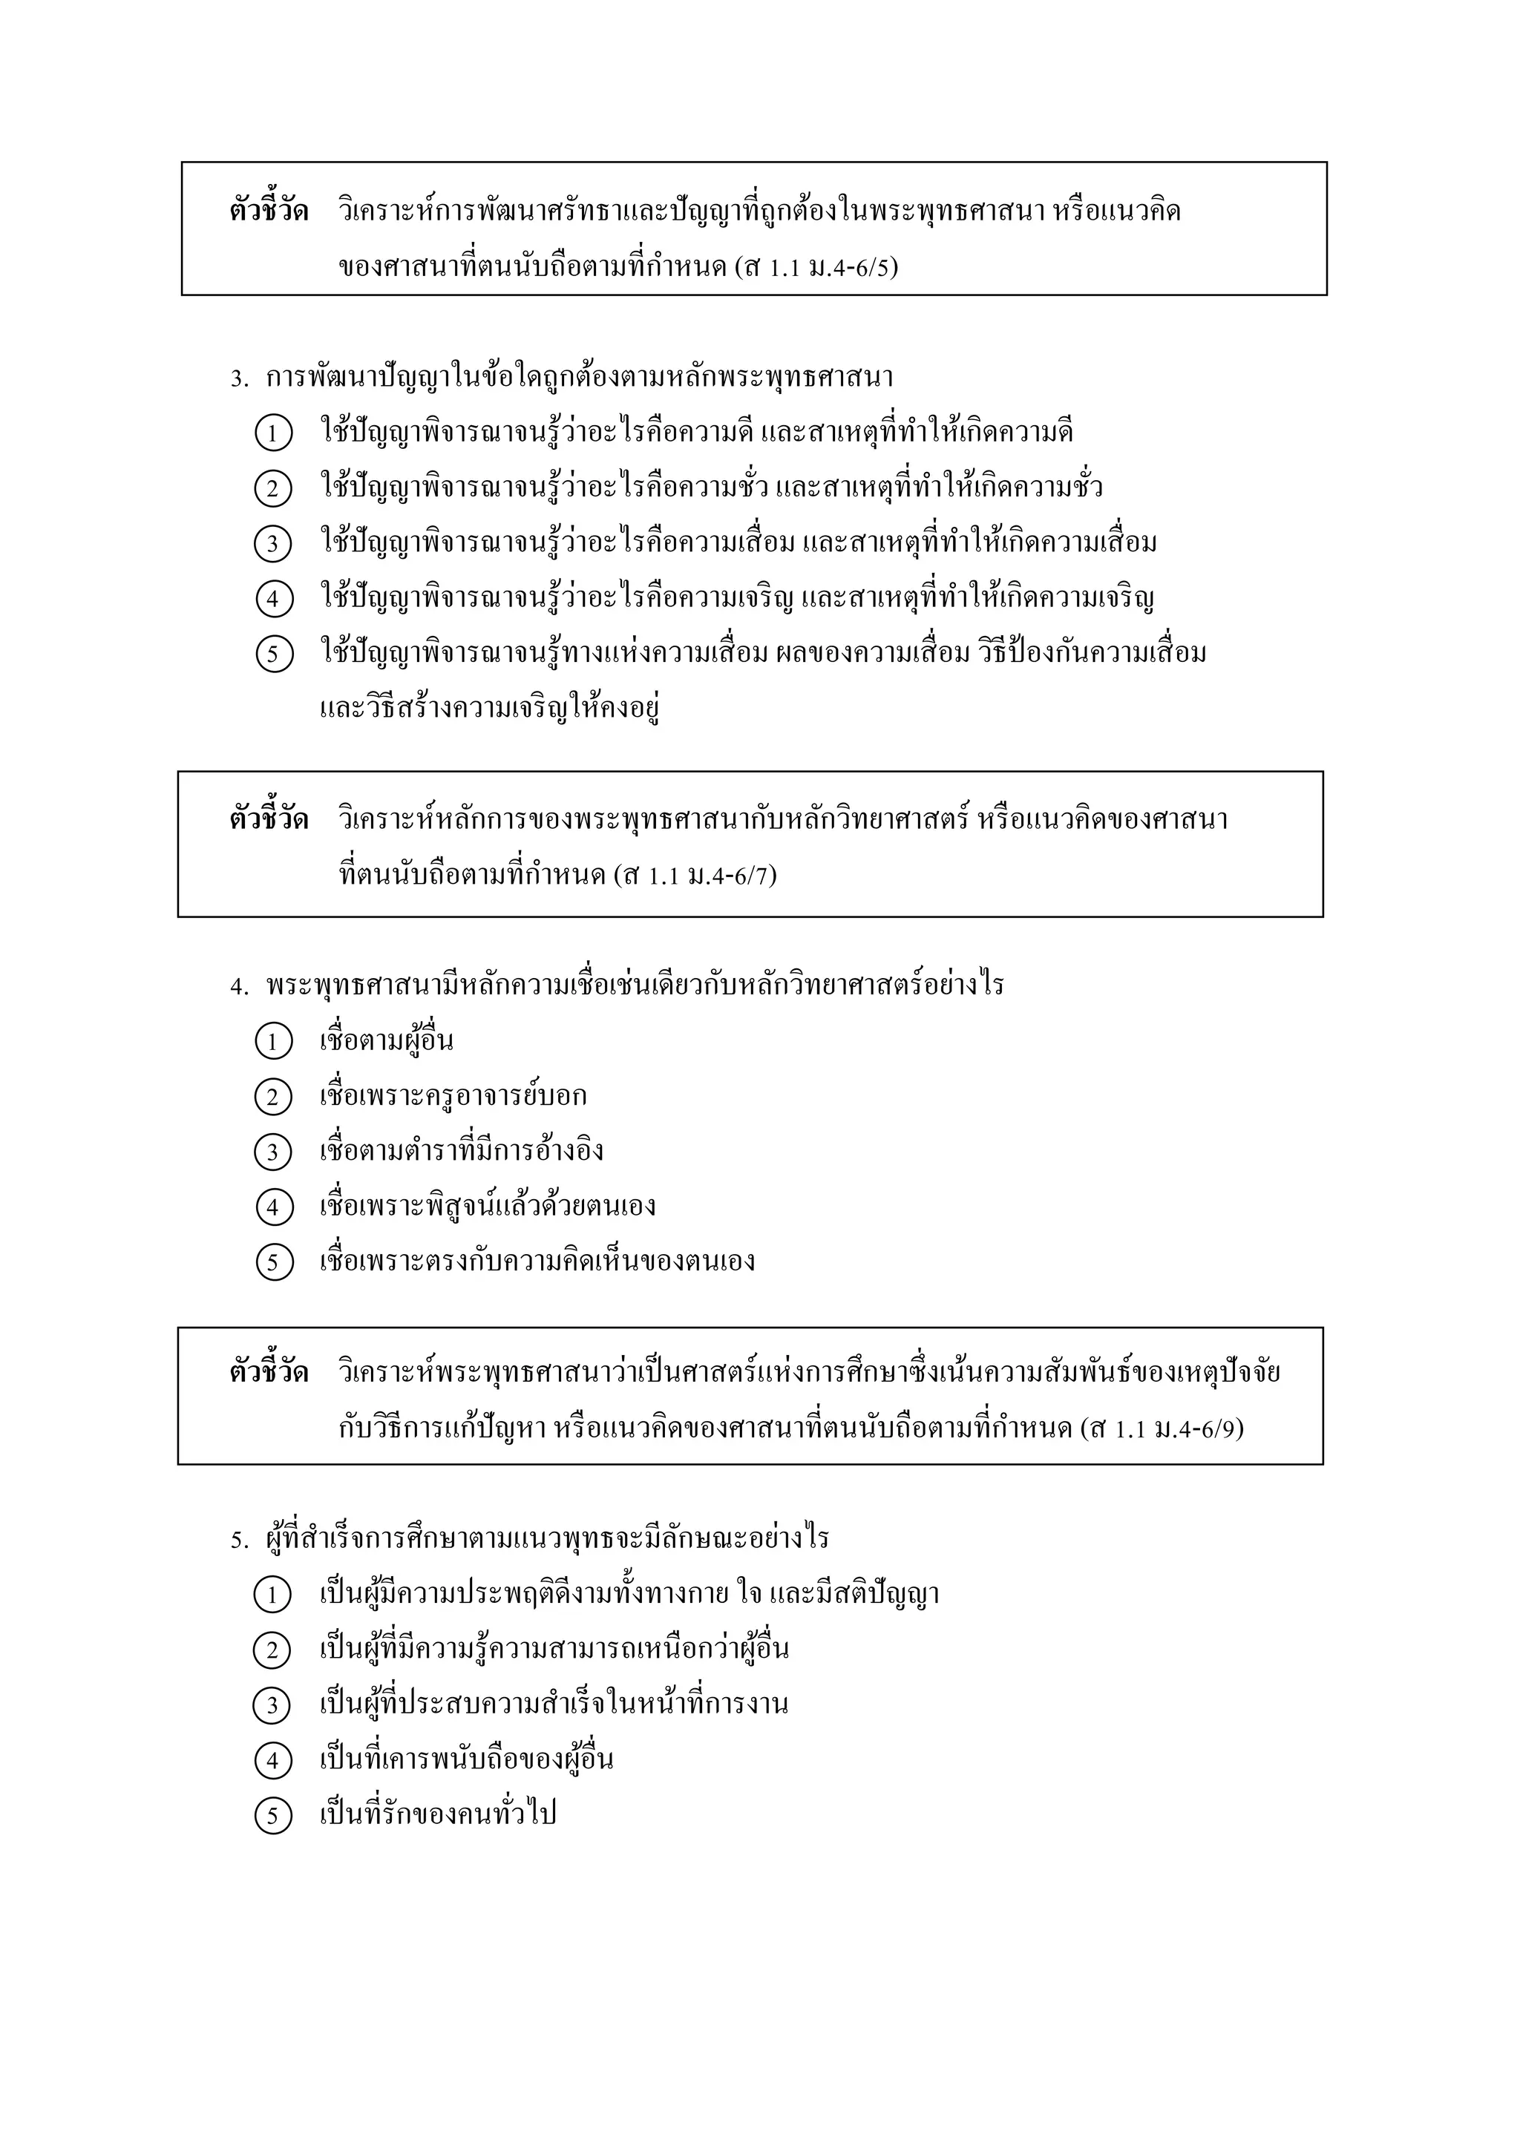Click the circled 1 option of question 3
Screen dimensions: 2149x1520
coord(272,433)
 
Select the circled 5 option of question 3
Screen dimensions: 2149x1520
coord(272,653)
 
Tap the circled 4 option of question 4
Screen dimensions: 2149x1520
coord(272,1207)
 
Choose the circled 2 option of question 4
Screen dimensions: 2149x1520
coord(272,1097)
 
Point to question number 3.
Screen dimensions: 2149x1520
coord(239,379)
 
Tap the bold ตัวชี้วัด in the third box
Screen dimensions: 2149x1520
coord(269,1373)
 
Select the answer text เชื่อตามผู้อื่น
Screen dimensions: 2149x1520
coord(387,1041)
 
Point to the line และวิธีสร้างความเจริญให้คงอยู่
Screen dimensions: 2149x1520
coord(490,708)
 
